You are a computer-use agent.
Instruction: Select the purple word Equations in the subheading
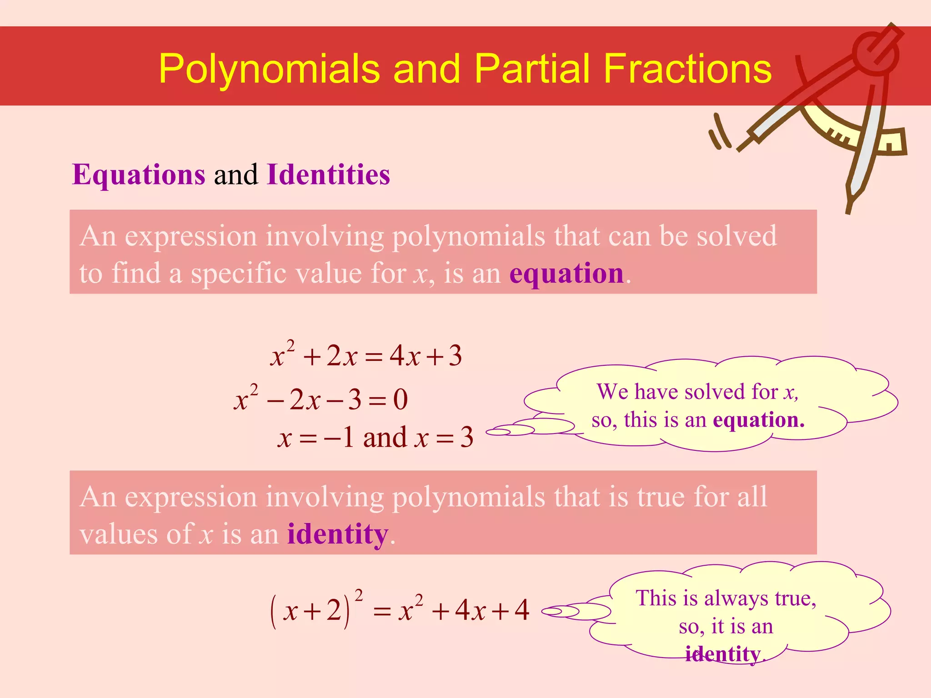[x=139, y=174]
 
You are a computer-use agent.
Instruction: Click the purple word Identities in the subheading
[x=328, y=174]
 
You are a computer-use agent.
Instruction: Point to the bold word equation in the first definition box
[x=566, y=274]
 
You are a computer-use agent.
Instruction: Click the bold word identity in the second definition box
[x=338, y=534]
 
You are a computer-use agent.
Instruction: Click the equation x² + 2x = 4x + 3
[x=366, y=355]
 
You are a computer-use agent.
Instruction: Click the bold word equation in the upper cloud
[x=758, y=420]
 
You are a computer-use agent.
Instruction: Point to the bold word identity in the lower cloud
[x=723, y=654]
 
